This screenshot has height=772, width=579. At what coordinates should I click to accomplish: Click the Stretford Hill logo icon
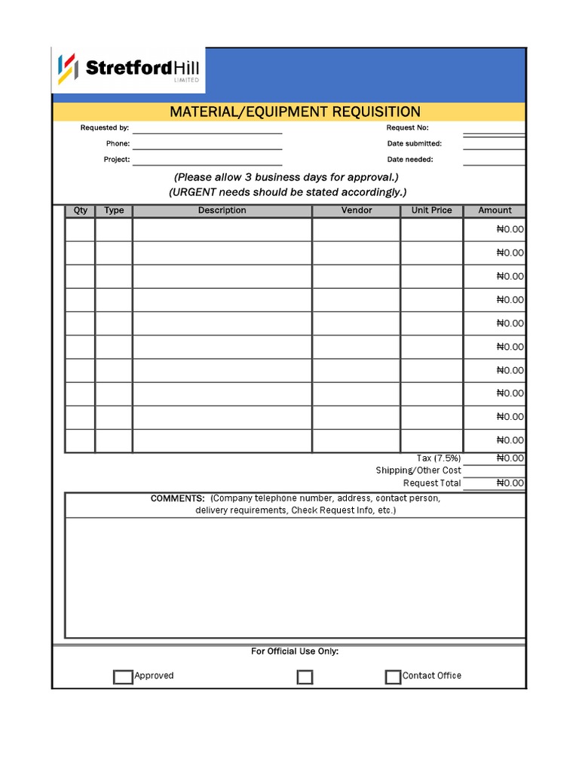[x=68, y=69]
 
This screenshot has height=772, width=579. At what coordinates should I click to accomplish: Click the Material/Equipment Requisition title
[x=295, y=112]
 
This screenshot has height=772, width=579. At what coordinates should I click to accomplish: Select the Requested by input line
[x=207, y=129]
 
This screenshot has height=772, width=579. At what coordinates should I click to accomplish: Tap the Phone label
[x=118, y=143]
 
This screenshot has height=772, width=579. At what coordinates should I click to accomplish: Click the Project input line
[x=207, y=161]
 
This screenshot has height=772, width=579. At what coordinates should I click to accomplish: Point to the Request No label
[x=407, y=128]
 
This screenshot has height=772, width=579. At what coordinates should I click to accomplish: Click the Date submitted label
[x=415, y=143]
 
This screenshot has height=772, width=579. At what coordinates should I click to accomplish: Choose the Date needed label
[x=410, y=160]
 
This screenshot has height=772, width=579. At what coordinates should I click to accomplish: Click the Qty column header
[x=81, y=210]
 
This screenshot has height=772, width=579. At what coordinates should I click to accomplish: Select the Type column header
[x=114, y=210]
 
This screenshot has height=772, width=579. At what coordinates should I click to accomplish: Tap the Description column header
[x=222, y=210]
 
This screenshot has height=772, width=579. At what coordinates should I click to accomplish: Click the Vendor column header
[x=357, y=210]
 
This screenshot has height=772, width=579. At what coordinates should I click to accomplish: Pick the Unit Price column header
[x=431, y=210]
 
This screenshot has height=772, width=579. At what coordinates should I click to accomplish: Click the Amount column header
[x=495, y=210]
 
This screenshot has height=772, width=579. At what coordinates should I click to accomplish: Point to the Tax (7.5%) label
[x=439, y=458]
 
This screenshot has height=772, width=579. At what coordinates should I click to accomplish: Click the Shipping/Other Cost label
[x=418, y=470]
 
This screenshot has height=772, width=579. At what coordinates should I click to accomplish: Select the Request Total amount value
[x=510, y=483]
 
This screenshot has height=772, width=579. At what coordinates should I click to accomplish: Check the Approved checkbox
[x=123, y=677]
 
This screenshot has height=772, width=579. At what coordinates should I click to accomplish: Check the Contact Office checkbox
[x=393, y=677]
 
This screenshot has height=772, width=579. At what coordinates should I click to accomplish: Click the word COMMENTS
[x=177, y=499]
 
